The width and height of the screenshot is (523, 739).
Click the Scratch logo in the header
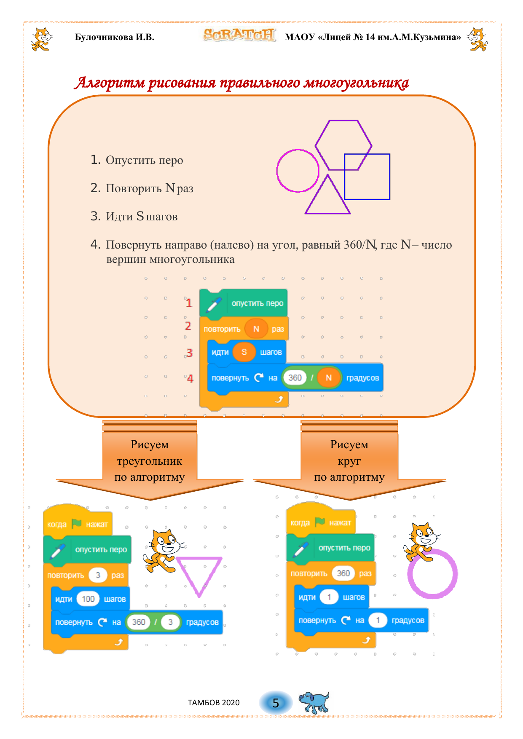(x=239, y=35)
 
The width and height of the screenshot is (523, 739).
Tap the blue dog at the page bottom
(x=314, y=702)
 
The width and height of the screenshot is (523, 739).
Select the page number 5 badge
(x=276, y=703)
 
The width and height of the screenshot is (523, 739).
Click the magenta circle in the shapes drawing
(x=298, y=171)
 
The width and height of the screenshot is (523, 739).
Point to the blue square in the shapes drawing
(x=367, y=177)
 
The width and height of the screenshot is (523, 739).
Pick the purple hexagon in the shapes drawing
(x=343, y=145)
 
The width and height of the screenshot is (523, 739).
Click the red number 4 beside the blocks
(x=190, y=378)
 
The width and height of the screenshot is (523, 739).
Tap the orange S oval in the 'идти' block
(x=244, y=352)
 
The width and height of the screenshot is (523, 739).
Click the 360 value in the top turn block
(x=295, y=378)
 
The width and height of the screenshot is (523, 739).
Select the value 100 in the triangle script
(x=88, y=599)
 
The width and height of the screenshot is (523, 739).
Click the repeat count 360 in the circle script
(x=343, y=573)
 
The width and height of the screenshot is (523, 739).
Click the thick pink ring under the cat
(x=432, y=573)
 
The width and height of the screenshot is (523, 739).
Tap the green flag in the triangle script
(x=77, y=524)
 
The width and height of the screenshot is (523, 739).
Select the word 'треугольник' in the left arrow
(x=150, y=461)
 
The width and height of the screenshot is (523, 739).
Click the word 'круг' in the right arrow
(x=349, y=461)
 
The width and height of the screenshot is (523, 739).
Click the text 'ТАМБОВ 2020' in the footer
(x=214, y=702)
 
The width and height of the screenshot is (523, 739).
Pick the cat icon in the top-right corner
(x=477, y=39)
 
